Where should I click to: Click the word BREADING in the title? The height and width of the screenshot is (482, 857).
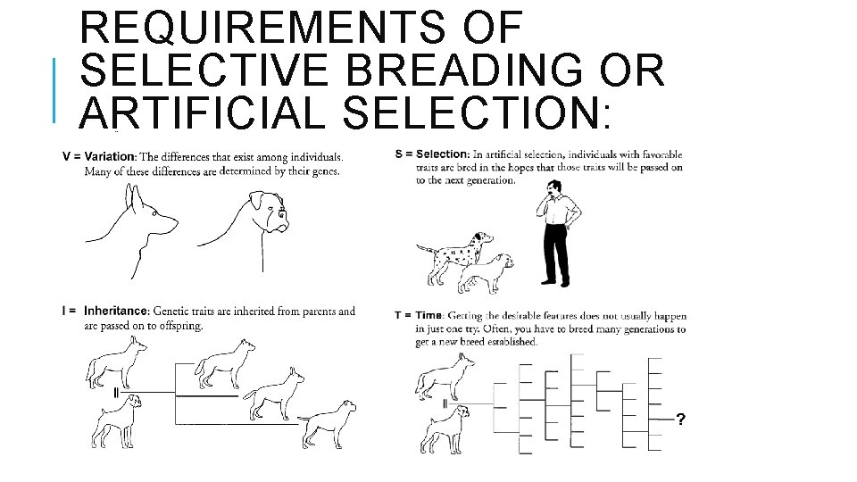(x=464, y=70)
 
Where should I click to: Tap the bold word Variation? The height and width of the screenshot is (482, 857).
(x=110, y=157)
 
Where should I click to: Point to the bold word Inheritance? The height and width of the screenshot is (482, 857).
(x=116, y=311)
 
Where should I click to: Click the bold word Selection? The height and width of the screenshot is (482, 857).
(x=442, y=154)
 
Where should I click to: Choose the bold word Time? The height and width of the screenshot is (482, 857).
(x=428, y=315)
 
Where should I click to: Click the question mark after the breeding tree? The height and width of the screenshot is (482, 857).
(x=680, y=420)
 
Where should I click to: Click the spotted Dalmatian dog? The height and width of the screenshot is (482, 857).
(x=455, y=257)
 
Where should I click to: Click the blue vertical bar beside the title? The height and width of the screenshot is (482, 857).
(x=54, y=90)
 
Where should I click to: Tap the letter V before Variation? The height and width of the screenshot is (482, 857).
(x=67, y=157)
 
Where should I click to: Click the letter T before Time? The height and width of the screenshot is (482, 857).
(x=398, y=315)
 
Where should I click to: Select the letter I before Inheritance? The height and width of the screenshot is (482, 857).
(x=64, y=311)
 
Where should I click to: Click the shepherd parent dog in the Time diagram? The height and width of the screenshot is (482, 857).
(x=445, y=377)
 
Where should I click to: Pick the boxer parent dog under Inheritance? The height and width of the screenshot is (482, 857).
(x=116, y=420)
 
